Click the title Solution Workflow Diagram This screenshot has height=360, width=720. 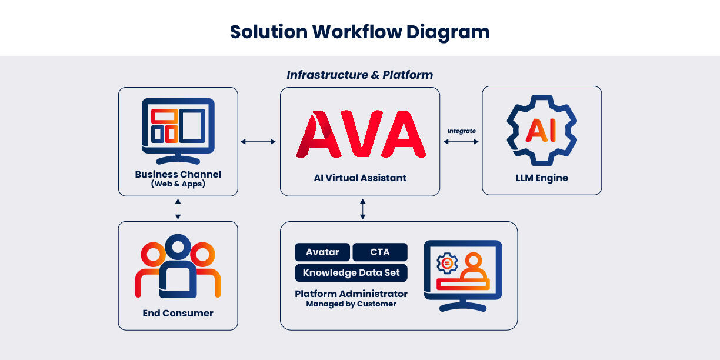pyautogui.click(x=359, y=31)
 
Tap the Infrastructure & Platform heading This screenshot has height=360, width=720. pyautogui.click(x=359, y=75)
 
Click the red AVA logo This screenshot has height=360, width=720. pyautogui.click(x=361, y=135)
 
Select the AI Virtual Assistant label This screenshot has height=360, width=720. pyautogui.click(x=360, y=178)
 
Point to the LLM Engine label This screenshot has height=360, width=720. pyautogui.click(x=542, y=178)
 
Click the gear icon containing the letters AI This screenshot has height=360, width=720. pyautogui.click(x=541, y=131)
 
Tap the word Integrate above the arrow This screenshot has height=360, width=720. pyautogui.click(x=462, y=131)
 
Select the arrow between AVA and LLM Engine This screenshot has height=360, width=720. pyautogui.click(x=462, y=141)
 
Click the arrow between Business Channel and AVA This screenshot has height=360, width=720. pyautogui.click(x=258, y=141)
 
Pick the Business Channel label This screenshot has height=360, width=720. pyautogui.click(x=178, y=174)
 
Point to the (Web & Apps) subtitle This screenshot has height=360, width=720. pyautogui.click(x=178, y=184)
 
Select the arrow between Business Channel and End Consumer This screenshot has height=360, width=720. pyautogui.click(x=178, y=209)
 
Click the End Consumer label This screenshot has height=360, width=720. pyautogui.click(x=178, y=314)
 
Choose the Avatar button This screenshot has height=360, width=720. pyautogui.click(x=322, y=252)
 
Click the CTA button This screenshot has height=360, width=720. pyautogui.click(x=380, y=252)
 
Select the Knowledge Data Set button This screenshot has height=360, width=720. pyautogui.click(x=351, y=273)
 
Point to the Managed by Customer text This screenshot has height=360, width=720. pyautogui.click(x=351, y=304)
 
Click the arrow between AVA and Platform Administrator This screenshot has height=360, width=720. pyautogui.click(x=362, y=209)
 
